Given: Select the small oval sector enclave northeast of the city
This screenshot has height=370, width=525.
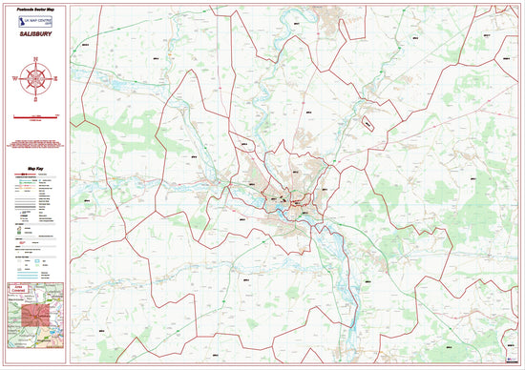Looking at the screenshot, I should tap(367, 122).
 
